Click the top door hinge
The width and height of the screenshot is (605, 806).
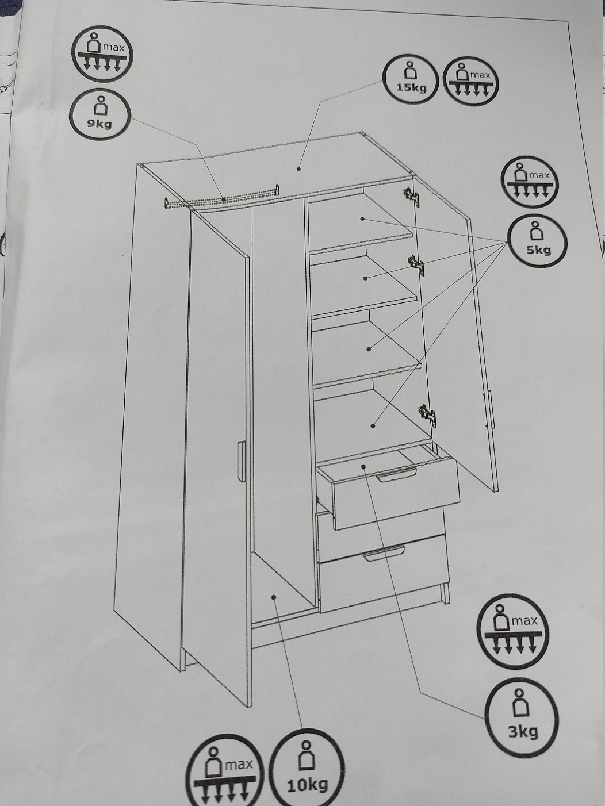click(x=411, y=195)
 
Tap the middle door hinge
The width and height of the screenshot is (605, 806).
click(x=418, y=265)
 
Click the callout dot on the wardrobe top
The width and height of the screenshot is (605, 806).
click(x=298, y=169)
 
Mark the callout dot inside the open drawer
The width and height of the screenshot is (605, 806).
click(x=363, y=466)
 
